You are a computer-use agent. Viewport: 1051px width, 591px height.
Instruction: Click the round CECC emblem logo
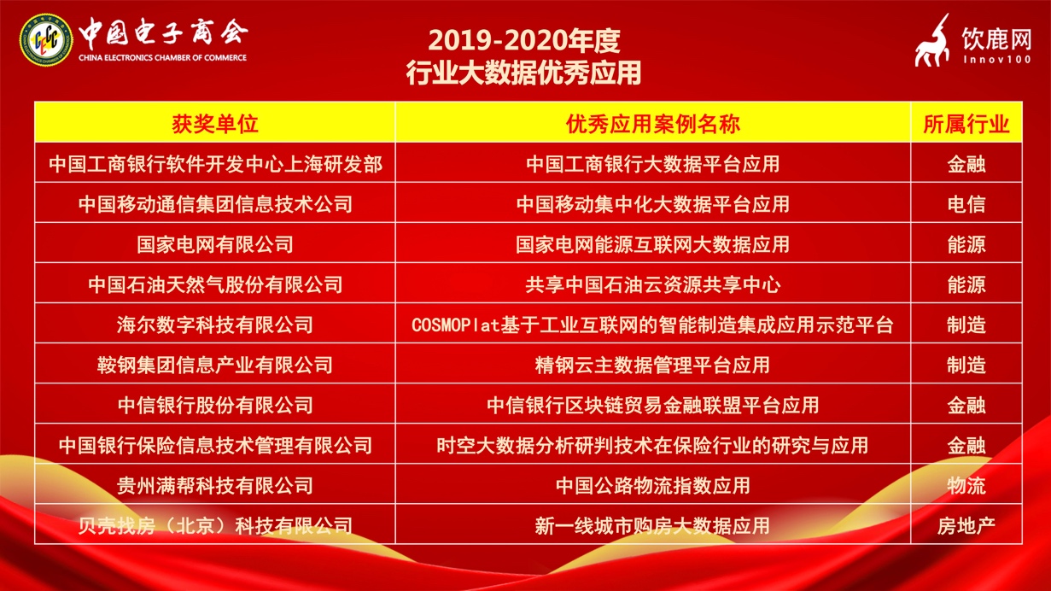(46, 40)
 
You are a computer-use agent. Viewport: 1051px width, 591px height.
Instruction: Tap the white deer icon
(933, 41)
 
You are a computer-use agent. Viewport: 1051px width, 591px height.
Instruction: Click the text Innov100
(997, 60)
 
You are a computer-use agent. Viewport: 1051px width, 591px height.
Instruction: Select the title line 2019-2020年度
(524, 40)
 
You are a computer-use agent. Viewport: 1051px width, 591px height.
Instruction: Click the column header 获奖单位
(215, 124)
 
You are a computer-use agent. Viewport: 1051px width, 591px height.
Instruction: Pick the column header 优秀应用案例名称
(652, 124)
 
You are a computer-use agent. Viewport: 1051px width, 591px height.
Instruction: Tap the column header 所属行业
(966, 124)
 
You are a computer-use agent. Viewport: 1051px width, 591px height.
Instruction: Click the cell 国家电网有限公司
(215, 244)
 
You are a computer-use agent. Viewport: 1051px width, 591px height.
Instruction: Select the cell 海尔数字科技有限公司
(215, 325)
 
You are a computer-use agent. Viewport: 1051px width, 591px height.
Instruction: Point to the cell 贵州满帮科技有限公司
(215, 485)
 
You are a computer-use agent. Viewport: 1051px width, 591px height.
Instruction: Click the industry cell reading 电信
(966, 204)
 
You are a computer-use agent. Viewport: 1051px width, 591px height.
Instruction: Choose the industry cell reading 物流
(966, 485)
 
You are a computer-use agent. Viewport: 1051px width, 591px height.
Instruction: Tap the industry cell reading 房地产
(966, 526)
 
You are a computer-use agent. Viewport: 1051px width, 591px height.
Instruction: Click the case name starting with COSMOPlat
(652, 325)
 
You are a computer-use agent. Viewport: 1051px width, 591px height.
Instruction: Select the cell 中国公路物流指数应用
(652, 485)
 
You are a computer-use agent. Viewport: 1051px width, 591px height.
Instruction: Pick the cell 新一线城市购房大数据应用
(652, 526)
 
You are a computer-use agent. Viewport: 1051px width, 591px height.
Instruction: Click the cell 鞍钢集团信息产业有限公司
(215, 366)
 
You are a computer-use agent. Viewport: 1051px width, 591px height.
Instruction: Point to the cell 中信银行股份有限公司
(215, 405)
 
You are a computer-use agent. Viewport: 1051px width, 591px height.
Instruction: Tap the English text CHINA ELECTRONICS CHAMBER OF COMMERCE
(162, 58)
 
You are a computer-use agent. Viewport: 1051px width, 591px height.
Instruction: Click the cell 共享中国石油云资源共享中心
(652, 284)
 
